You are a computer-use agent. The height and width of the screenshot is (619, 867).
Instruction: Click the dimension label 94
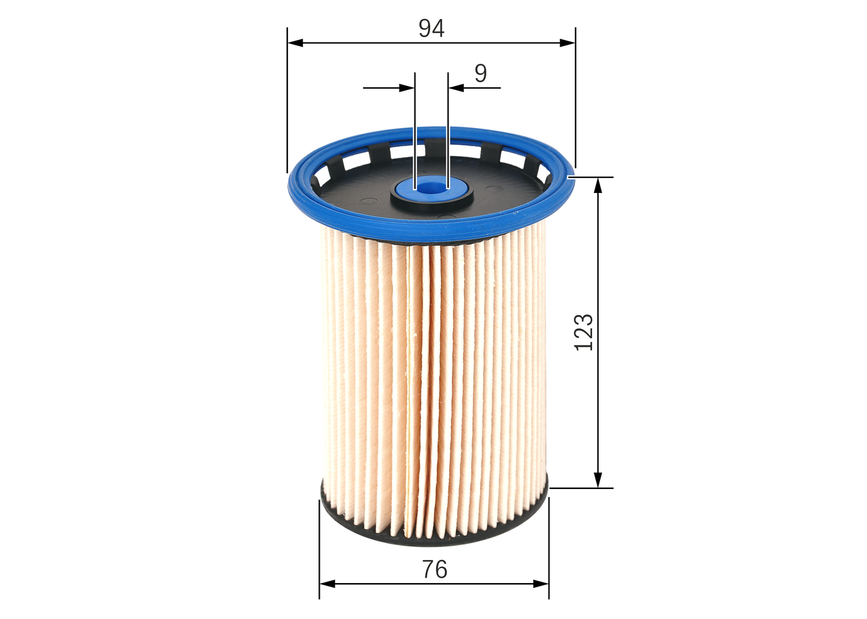(431, 28)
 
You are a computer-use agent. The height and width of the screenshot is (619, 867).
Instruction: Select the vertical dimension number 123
(584, 333)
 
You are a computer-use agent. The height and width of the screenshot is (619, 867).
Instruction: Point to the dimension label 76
(435, 569)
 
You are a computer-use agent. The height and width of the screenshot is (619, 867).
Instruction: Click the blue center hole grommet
(431, 188)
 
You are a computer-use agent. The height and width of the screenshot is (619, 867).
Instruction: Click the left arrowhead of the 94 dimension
(295, 43)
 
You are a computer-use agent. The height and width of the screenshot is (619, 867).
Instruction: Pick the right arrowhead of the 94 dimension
(568, 43)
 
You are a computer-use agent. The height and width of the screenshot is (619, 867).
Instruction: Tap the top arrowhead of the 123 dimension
(598, 185)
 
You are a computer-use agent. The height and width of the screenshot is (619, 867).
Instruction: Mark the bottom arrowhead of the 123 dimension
(598, 480)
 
